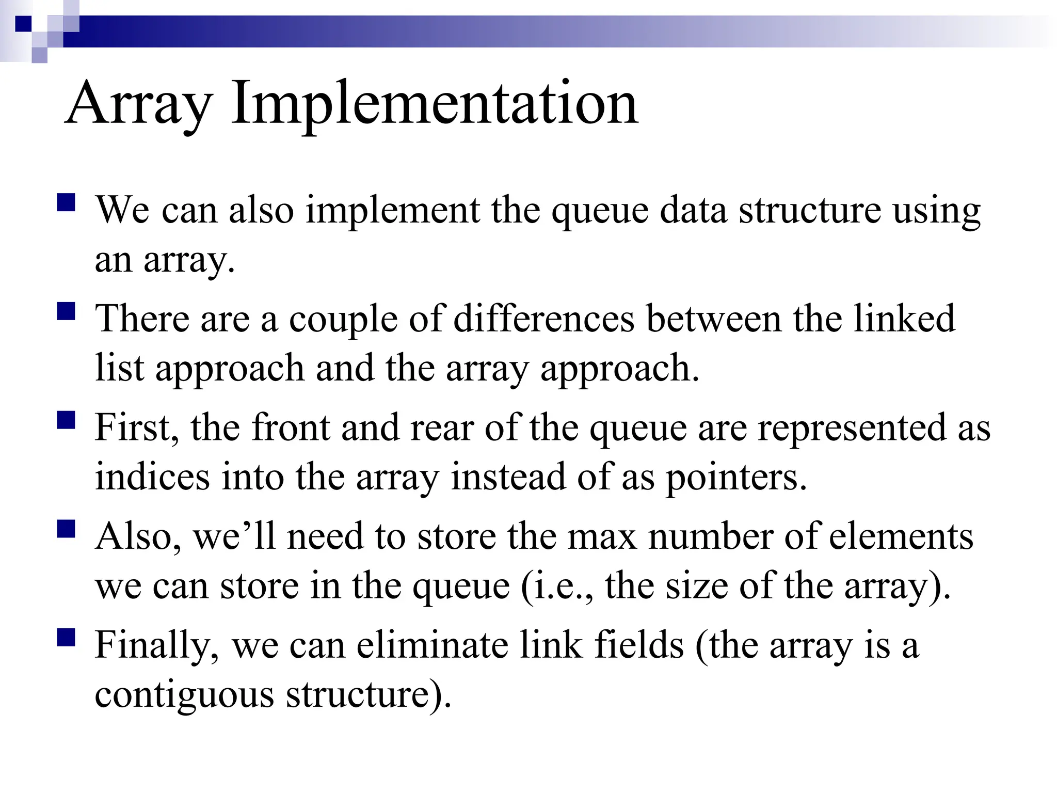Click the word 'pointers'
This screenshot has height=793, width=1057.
(735, 478)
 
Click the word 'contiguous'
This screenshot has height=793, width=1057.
(184, 695)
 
